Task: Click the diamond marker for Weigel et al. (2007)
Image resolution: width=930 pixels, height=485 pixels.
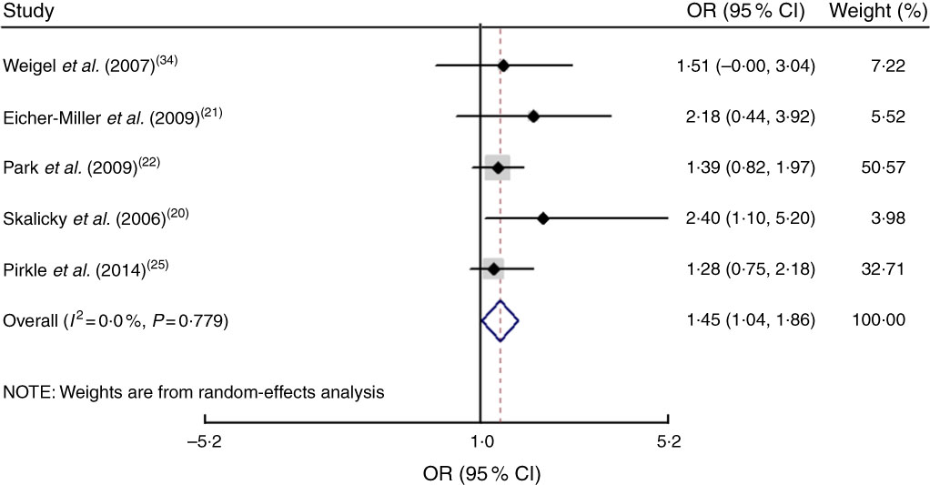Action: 503,66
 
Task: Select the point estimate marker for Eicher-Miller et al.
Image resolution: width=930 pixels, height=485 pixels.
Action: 533,116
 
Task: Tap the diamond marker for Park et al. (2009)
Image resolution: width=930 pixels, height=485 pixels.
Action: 498,167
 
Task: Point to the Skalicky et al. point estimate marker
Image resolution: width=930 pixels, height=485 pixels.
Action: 543,218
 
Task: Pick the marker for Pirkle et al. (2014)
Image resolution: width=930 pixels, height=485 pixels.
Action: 493,268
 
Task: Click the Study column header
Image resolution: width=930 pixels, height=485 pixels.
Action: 28,13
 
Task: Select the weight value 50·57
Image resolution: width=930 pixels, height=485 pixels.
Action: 883,167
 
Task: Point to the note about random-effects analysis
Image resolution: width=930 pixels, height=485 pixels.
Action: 193,393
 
